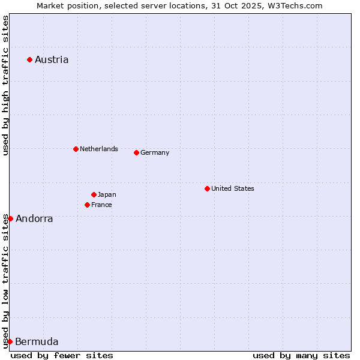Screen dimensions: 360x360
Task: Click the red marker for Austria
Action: point(29,59)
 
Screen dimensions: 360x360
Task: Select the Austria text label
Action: point(52,59)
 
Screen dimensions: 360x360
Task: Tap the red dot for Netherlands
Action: point(76,149)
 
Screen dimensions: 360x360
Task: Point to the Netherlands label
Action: point(99,149)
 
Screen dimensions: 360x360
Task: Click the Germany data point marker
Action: point(136,152)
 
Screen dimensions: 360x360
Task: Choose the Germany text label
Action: point(155,152)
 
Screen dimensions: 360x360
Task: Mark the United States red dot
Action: point(207,188)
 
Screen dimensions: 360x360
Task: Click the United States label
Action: point(233,188)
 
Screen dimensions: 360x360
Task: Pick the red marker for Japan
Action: point(94,194)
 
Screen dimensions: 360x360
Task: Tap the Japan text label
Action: point(107,194)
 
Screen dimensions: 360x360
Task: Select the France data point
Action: point(87,205)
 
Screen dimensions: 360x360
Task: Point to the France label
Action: point(101,205)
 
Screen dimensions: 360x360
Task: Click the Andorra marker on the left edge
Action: point(10,218)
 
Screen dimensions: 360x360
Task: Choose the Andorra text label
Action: point(34,218)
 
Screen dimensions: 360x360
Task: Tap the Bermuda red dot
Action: point(10,341)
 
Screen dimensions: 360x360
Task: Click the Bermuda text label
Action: point(37,342)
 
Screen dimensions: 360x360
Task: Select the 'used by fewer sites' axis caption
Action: point(62,355)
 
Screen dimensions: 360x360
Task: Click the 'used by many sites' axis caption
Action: point(301,355)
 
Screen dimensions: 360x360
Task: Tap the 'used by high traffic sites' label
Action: point(5,85)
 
